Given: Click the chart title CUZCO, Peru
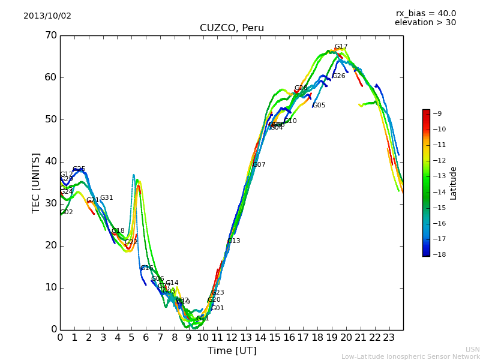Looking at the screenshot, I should tap(232, 28).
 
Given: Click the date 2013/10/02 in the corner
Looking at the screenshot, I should tap(47, 16).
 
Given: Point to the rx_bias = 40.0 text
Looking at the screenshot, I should tap(426, 13).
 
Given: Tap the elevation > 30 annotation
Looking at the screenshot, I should tap(425, 23).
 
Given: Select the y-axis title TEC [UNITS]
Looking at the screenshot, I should tap(36, 182).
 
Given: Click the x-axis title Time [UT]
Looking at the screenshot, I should tap(232, 350).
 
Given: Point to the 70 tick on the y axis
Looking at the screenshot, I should tap(50, 35).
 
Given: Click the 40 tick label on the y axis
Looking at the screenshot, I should tap(50, 161).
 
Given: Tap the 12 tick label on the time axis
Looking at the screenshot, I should tap(232, 337).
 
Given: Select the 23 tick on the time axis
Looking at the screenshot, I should tap(389, 337).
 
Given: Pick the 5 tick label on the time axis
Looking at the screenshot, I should tap(131, 337).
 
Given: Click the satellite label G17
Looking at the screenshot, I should tap(341, 47).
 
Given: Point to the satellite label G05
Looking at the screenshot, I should tap(319, 106).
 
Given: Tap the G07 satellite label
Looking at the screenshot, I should tap(259, 165).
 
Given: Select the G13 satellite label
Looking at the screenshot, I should tap(233, 241).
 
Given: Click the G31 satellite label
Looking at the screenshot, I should tap(106, 198).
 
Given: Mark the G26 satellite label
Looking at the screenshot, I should tap(338, 76).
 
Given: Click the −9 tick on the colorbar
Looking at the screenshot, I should tap(438, 113).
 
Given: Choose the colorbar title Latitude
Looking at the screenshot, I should tap(454, 183).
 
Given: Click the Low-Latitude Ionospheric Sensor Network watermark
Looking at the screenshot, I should tap(410, 356).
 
